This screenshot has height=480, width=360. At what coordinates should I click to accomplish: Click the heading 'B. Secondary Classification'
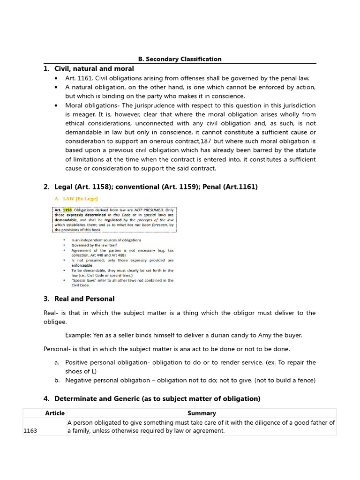tap(180, 59)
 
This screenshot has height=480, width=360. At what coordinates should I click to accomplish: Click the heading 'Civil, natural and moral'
tap(94, 69)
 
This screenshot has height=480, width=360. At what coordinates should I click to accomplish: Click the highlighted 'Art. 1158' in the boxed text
tap(65, 210)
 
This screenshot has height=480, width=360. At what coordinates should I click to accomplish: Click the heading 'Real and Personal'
tap(84, 299)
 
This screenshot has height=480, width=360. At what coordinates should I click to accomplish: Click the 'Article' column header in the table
tap(55, 413)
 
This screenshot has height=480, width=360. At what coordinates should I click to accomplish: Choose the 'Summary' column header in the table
tap(202, 413)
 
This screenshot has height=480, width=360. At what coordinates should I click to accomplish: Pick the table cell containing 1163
tap(30, 431)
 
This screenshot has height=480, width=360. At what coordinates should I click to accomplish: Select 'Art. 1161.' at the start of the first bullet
tap(79, 78)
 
